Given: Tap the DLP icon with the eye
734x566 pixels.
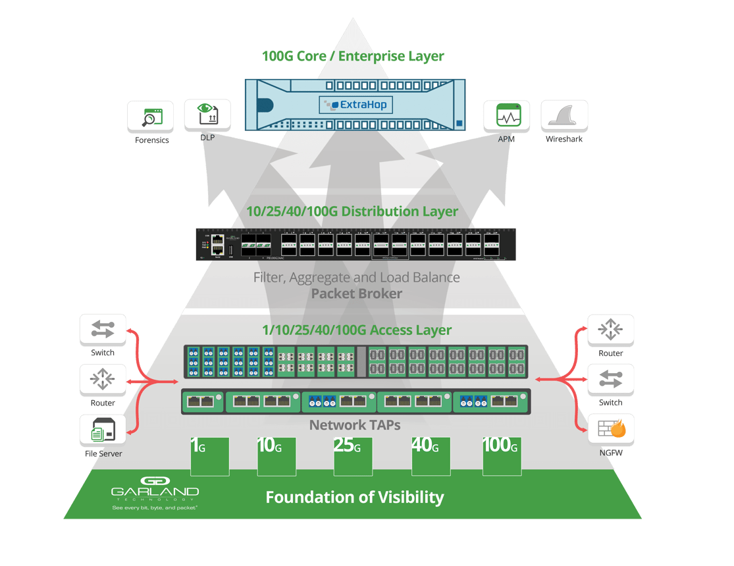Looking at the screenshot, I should pos(207,115).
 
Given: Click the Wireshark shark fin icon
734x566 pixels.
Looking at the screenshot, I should pos(564,116).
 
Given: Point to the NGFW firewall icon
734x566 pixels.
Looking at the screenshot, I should pos(611,430).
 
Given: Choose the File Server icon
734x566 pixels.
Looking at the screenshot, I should pos(103,430).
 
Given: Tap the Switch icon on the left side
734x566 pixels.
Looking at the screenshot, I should pos(103,330).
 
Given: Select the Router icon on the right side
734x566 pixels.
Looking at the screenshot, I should pos(611,330).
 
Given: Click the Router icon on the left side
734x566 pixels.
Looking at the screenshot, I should pos(103,380).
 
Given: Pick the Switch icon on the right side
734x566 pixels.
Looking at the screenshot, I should pos(611,380).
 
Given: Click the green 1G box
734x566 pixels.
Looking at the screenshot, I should pos(209,455).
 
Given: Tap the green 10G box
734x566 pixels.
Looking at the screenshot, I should pos(276,455).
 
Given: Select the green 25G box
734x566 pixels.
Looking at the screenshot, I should pos(354,455).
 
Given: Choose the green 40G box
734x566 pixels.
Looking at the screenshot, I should pos(431,455).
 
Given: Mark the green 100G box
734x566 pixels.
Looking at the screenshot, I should pos(502,455).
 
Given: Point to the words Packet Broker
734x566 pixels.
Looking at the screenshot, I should pos(356,294).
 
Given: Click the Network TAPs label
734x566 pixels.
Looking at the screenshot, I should pos(355,425).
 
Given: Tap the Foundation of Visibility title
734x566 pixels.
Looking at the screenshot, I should pos(355,497).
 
